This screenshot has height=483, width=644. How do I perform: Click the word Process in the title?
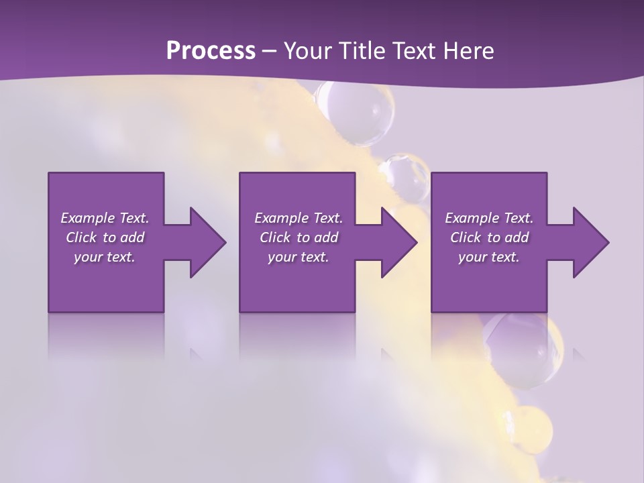(x=211, y=50)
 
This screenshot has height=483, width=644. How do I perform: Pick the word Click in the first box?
(x=82, y=237)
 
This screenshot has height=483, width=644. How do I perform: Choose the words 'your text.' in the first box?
(x=105, y=257)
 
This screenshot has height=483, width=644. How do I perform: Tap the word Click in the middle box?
(x=276, y=237)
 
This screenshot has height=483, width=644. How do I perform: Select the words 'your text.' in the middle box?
(x=299, y=257)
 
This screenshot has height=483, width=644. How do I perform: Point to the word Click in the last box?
(x=466, y=237)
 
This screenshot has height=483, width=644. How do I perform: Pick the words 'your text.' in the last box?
(x=489, y=257)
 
